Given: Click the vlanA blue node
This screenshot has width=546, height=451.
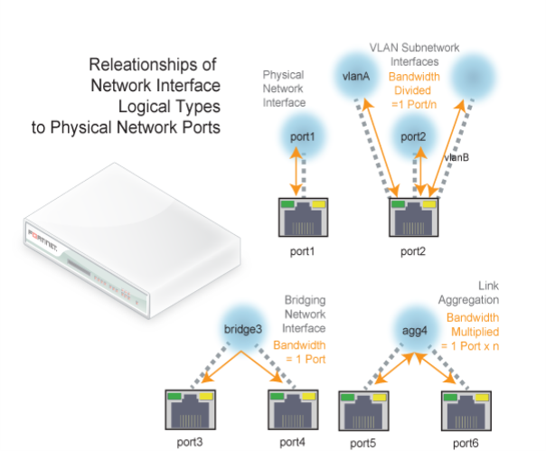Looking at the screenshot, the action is click(356, 76).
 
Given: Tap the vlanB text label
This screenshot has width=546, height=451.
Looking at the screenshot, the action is click(457, 158).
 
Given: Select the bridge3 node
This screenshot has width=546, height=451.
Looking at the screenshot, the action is click(243, 329).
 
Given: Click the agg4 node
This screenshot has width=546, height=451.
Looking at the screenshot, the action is click(414, 330).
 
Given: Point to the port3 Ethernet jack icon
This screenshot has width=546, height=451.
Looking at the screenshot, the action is click(190, 409).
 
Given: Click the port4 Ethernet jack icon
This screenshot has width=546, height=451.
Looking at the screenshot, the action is click(293, 409).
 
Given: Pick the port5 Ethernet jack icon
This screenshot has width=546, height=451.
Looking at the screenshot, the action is click(363, 410).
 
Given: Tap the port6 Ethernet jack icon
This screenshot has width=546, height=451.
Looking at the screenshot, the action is click(466, 410).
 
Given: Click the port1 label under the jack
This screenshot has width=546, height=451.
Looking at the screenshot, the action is click(302, 251).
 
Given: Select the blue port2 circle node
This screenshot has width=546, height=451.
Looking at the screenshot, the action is click(413, 136).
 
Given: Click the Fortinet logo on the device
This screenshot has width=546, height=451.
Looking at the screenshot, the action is click(42, 240).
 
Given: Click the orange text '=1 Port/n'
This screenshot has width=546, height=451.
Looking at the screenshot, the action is click(414, 104).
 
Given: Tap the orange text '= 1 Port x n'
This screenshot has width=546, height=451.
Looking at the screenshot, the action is click(470, 346).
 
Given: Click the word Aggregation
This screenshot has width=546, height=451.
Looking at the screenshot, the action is click(468, 300).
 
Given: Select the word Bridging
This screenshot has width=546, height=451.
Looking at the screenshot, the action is click(305, 300).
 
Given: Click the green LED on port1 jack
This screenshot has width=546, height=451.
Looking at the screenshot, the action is click(287, 203).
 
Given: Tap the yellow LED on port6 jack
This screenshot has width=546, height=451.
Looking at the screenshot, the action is click(482, 398).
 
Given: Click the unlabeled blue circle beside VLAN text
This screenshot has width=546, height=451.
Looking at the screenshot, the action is click(473, 77).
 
